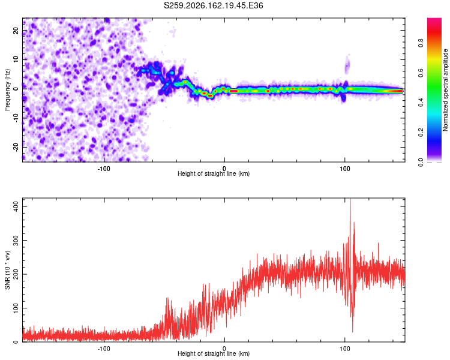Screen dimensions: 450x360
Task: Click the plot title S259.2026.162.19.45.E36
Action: tap(213, 5)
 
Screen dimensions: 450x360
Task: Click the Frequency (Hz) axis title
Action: tap(7, 90)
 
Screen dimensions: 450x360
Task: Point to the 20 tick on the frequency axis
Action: tap(16, 30)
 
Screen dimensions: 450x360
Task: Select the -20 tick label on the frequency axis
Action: tap(16, 148)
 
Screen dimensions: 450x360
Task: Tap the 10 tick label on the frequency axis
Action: tap(16, 59)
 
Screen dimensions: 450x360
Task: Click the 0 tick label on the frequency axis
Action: tap(16, 89)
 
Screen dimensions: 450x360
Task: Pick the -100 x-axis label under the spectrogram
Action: tap(104, 169)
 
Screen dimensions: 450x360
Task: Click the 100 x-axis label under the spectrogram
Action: tap(344, 169)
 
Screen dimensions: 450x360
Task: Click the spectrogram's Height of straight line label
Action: tap(214, 173)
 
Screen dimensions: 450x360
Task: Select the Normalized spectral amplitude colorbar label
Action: tap(445, 90)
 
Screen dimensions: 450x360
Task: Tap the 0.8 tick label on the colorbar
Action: tap(421, 43)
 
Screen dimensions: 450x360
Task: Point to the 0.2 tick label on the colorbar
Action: tap(421, 133)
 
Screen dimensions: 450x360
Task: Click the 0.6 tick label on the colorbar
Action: tap(421, 73)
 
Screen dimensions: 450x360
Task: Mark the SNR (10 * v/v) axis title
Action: tap(7, 270)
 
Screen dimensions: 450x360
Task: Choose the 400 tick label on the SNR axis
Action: tap(16, 206)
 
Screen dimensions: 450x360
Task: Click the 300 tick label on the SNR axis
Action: tap(16, 240)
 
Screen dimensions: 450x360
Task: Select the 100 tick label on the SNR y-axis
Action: tap(16, 308)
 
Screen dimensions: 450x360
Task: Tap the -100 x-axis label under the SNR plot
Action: tap(104, 349)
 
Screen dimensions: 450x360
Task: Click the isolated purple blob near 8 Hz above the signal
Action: tap(347, 65)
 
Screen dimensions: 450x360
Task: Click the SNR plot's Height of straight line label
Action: tap(214, 353)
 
